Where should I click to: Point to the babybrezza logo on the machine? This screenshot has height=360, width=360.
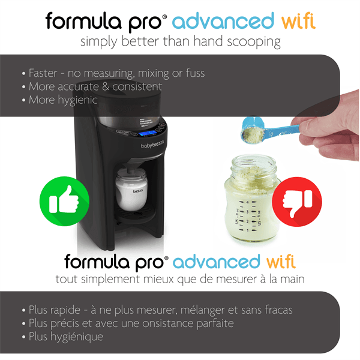pyautogui.click(x=155, y=146)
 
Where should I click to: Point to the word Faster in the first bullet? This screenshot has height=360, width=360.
pyautogui.click(x=44, y=73)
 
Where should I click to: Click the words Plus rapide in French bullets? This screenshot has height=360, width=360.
pyautogui.click(x=59, y=310)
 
